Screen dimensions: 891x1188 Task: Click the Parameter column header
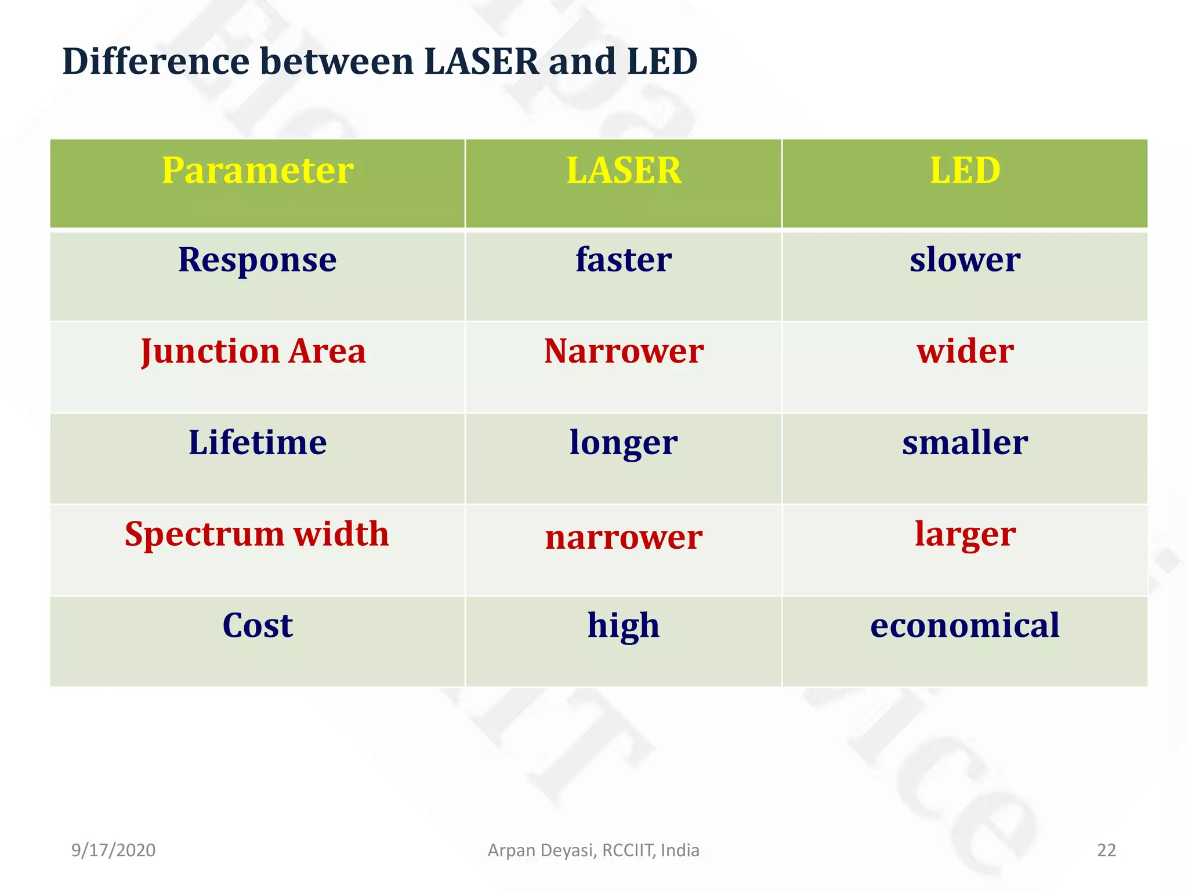(257, 171)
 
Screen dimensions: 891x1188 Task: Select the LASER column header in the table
(624, 171)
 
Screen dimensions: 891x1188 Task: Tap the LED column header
(965, 171)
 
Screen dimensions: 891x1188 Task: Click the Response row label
(257, 260)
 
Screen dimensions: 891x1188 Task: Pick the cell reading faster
(624, 260)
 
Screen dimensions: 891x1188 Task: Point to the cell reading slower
(965, 260)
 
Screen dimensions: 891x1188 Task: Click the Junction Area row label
(253, 352)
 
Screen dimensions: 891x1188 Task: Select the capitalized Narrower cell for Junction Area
(624, 352)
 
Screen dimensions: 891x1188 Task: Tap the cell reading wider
(965, 352)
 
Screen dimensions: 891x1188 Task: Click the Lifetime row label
(257, 443)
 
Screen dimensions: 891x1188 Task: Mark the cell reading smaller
(965, 443)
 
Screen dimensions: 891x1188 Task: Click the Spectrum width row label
(257, 534)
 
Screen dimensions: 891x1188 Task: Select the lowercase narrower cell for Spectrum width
(624, 538)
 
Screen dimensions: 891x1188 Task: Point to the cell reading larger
(965, 535)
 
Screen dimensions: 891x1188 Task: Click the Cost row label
(257, 626)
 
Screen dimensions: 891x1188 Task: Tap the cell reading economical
(965, 626)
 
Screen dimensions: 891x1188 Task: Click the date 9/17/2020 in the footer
(113, 850)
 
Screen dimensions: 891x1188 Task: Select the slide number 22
(1106, 850)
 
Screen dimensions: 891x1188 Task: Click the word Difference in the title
(156, 61)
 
